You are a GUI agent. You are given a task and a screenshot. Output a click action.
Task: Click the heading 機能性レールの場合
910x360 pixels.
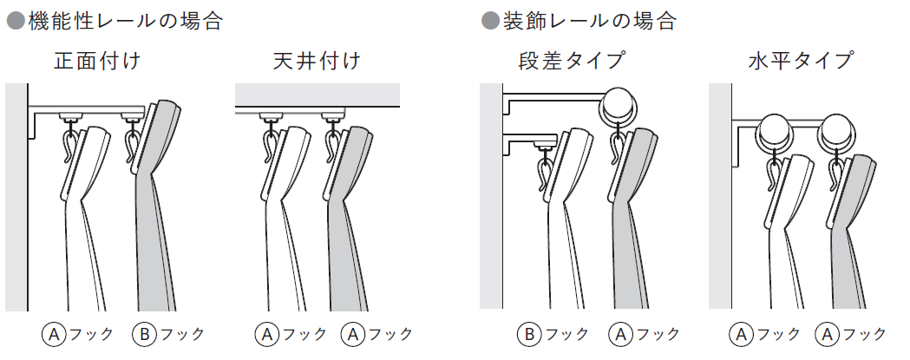coord(125,22)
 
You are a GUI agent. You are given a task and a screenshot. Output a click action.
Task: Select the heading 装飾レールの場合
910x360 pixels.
coord(590,22)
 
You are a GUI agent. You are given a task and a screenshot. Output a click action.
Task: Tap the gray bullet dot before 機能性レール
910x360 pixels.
coord(16,22)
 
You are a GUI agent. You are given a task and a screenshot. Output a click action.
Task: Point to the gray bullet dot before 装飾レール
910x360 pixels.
coord(491,22)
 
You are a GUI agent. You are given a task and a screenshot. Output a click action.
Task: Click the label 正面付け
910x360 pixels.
coord(97,61)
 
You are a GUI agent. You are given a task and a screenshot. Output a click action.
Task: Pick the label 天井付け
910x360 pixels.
coord(317,61)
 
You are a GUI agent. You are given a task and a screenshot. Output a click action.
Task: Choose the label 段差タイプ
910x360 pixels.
coord(572,61)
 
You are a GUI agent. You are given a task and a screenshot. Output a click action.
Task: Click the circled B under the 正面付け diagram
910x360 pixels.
coord(144,334)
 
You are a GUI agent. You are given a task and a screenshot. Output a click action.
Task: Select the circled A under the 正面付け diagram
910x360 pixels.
coord(53,334)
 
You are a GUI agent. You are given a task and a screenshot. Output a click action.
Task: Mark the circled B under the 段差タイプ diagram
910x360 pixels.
coord(528,334)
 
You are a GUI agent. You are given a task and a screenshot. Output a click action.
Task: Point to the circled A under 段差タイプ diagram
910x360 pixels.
coord(619,334)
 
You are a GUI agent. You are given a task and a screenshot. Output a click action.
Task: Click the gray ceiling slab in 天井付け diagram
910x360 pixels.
coord(318,95)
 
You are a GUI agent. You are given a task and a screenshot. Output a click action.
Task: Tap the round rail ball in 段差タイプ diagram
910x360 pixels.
coord(619,106)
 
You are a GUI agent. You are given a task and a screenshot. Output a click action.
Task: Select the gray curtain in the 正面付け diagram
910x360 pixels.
coord(157,206)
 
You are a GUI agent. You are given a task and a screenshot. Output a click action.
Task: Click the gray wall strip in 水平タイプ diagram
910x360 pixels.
coord(720,196)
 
